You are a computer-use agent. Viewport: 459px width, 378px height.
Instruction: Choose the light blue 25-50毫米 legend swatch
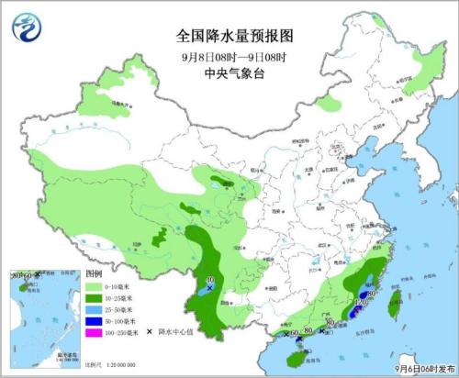pos(94,313)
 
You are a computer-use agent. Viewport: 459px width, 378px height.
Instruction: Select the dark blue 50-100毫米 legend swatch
pos(94,325)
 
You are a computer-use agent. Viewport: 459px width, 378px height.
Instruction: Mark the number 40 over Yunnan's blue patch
pos(210,281)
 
